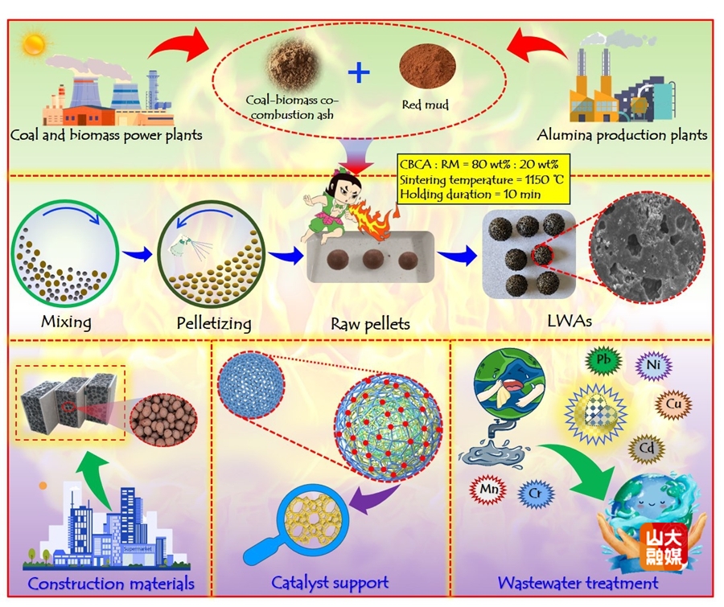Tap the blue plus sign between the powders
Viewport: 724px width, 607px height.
point(360,73)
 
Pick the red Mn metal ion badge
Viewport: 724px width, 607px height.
point(484,486)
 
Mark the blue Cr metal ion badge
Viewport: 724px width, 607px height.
point(534,492)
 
